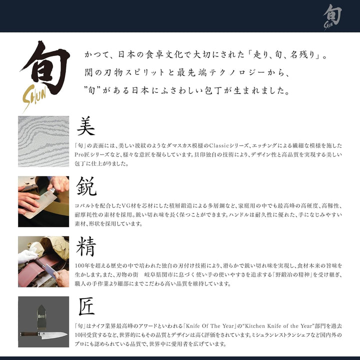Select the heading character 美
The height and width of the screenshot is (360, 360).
tap(86, 126)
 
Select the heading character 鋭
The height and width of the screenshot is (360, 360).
tap(86, 186)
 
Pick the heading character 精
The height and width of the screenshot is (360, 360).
tap(86, 246)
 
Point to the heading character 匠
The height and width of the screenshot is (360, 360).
tap(86, 306)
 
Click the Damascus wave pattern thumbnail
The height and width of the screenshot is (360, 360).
tap(43, 141)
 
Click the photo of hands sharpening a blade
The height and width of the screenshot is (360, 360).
tap(43, 201)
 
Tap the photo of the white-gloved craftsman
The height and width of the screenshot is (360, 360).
tap(43, 261)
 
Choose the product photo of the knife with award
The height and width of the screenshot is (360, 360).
tap(43, 321)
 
